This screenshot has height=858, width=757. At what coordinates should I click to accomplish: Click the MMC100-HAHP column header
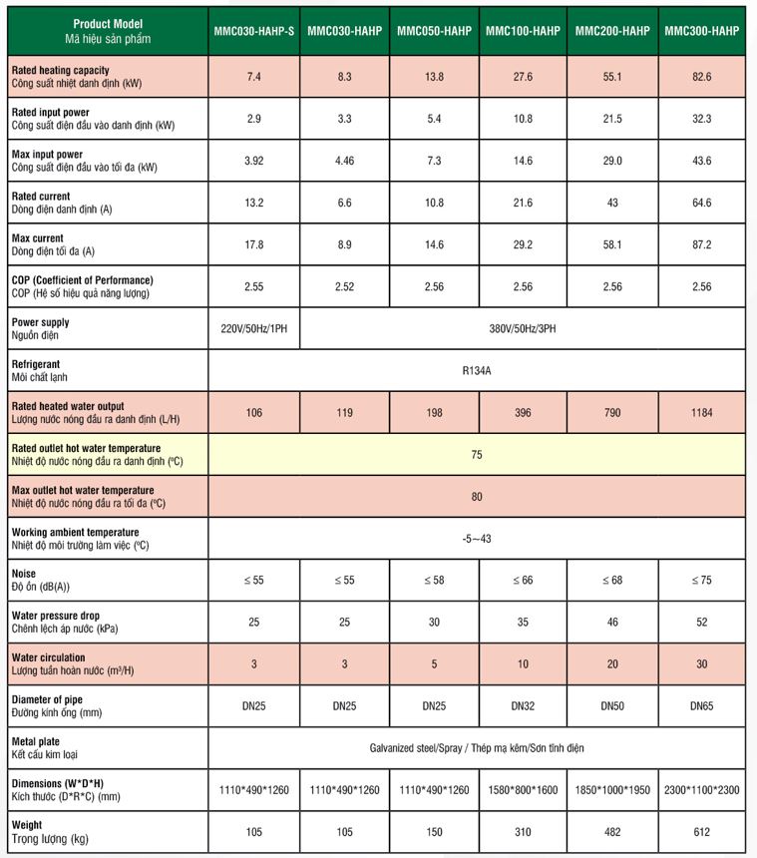(x=523, y=31)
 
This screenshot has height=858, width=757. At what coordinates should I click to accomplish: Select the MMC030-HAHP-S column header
(x=253, y=31)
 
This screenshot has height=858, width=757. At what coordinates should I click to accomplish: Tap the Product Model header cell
(x=108, y=30)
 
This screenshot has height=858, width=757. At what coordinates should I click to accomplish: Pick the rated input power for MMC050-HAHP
(x=434, y=119)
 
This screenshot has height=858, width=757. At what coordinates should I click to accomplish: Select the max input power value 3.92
(x=253, y=161)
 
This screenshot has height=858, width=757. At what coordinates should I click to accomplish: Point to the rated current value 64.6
(x=701, y=203)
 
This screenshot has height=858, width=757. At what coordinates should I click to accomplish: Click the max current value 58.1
(x=611, y=244)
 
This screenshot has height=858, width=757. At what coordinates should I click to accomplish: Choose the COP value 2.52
(x=343, y=286)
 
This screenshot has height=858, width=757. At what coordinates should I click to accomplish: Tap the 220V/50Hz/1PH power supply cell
(x=253, y=328)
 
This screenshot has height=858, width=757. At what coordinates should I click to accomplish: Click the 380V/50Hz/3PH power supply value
(x=523, y=328)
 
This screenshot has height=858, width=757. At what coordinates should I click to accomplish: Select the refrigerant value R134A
(x=477, y=370)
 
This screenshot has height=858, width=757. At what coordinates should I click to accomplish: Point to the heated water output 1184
(x=701, y=412)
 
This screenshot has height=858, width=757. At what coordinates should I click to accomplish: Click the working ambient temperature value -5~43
(x=477, y=539)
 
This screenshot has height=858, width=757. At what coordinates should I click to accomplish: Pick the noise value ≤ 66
(x=523, y=580)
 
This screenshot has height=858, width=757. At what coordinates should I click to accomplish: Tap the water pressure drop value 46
(x=611, y=622)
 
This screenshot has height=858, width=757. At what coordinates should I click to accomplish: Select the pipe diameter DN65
(x=701, y=705)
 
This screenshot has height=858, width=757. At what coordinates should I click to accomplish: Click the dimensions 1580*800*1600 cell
(x=523, y=790)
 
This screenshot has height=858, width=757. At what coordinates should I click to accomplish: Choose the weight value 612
(x=701, y=832)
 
